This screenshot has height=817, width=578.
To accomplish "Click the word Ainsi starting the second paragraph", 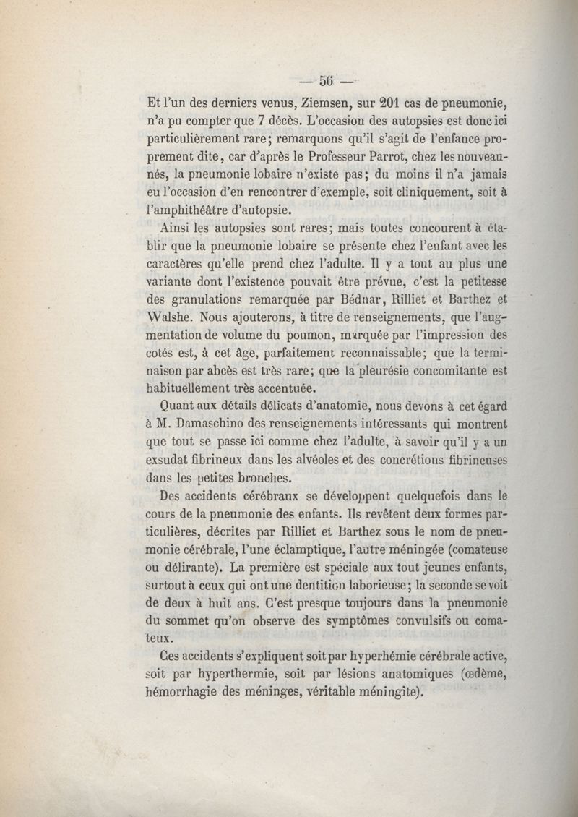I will tap(176, 228).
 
